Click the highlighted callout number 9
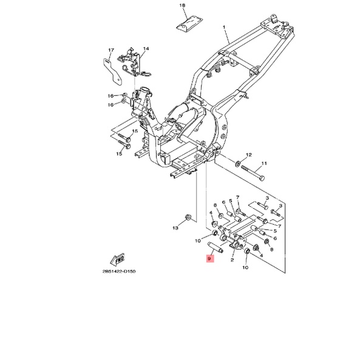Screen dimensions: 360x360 click(x=209, y=259)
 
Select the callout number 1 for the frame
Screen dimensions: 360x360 click(x=224, y=27)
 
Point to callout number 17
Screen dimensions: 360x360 click(x=111, y=50)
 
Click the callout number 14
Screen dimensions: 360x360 click(x=146, y=49)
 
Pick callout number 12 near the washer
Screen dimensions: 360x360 click(x=249, y=155)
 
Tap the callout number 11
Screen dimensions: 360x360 click(x=264, y=163)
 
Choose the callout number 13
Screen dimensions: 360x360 click(x=175, y=228)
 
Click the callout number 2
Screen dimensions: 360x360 click(x=232, y=260)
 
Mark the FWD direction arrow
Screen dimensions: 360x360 click(x=118, y=259)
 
